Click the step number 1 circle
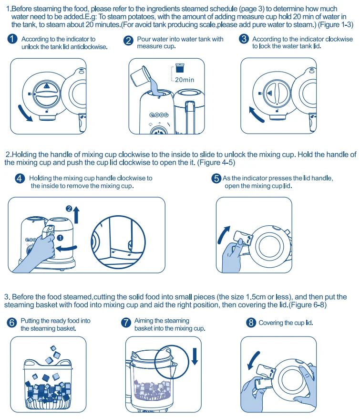pos(12,39)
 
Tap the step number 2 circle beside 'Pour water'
pos(128,41)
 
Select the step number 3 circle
pos(244,39)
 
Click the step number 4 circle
pos(20,178)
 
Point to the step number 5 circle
pos(216,178)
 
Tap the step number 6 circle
pos(12,323)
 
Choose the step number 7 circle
pos(126,323)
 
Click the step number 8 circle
pos(251,323)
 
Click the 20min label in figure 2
pos(185,80)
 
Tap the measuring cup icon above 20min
pos(180,68)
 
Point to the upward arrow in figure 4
pos(76,215)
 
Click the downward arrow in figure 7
pos(195,356)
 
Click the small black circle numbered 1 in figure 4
pos(61,238)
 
